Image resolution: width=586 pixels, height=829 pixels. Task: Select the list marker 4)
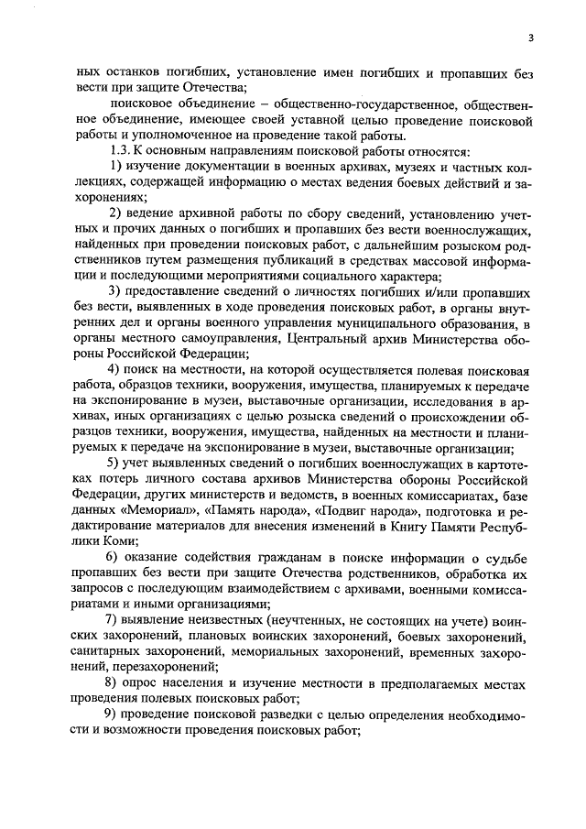click(115, 370)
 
